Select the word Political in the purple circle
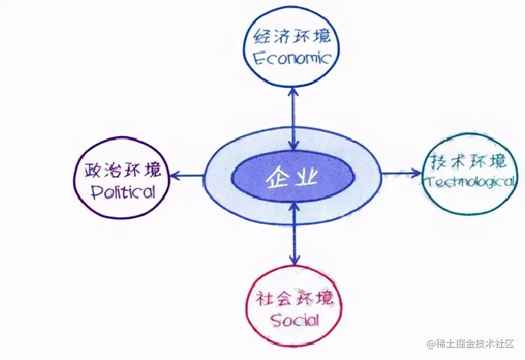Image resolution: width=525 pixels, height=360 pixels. [123, 191]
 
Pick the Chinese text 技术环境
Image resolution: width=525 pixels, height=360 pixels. [468, 162]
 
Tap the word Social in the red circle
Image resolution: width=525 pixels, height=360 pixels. [295, 319]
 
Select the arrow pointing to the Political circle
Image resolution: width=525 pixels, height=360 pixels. [186, 176]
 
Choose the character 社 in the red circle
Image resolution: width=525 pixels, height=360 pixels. [265, 299]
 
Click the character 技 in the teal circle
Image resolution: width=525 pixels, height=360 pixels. [436, 162]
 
